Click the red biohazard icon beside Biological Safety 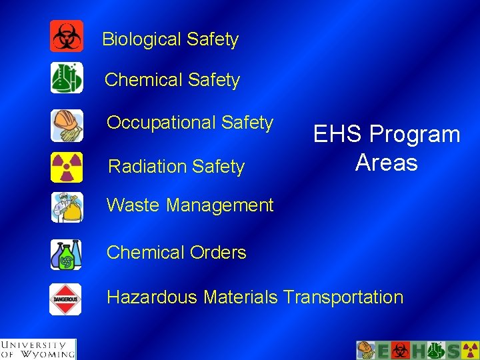[x=67, y=36]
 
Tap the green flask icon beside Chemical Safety [x=67, y=78]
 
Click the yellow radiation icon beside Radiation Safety [x=67, y=167]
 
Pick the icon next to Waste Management [x=67, y=207]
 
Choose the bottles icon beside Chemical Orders [x=67, y=254]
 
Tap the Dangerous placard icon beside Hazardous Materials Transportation [x=66, y=299]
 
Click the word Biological [x=141, y=40]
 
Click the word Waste [x=133, y=205]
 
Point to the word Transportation [x=343, y=297]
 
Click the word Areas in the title [x=387, y=163]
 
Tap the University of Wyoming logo [x=38, y=349]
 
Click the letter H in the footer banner [x=417, y=350]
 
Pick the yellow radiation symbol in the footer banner [x=470, y=350]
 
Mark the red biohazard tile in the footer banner [x=401, y=350]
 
